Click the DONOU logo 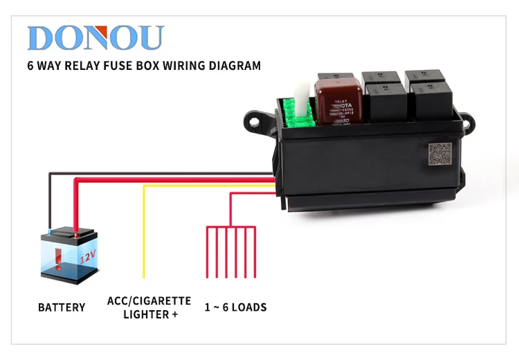click(x=95, y=37)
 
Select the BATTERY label click(x=62, y=307)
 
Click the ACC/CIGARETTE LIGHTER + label click(x=149, y=307)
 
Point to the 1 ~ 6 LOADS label click(x=235, y=307)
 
